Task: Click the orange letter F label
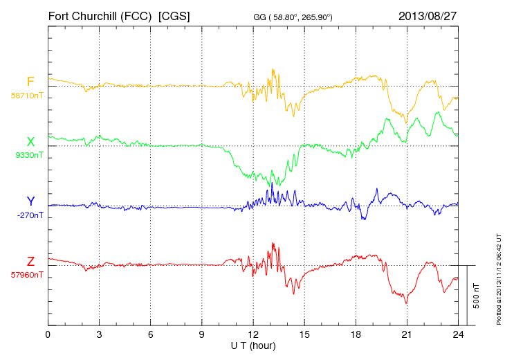(30, 82)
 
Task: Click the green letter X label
(30, 142)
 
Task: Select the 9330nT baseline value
(28, 155)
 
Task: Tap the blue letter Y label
(30, 201)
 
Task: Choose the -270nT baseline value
(28, 215)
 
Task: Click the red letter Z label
(30, 262)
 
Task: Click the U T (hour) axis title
(252, 345)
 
